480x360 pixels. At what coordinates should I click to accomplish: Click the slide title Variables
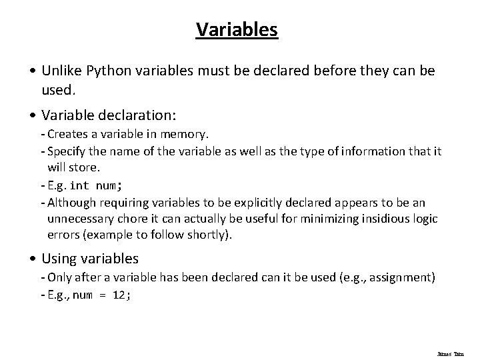click(x=237, y=30)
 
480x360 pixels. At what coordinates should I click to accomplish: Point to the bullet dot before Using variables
click(x=34, y=259)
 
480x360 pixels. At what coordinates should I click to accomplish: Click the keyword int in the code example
click(x=79, y=185)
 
